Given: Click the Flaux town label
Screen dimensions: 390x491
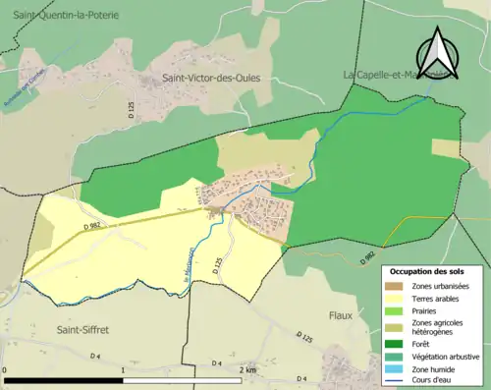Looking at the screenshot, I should pyautogui.click(x=340, y=316).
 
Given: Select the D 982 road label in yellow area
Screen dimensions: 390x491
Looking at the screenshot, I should pyautogui.click(x=92, y=227).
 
